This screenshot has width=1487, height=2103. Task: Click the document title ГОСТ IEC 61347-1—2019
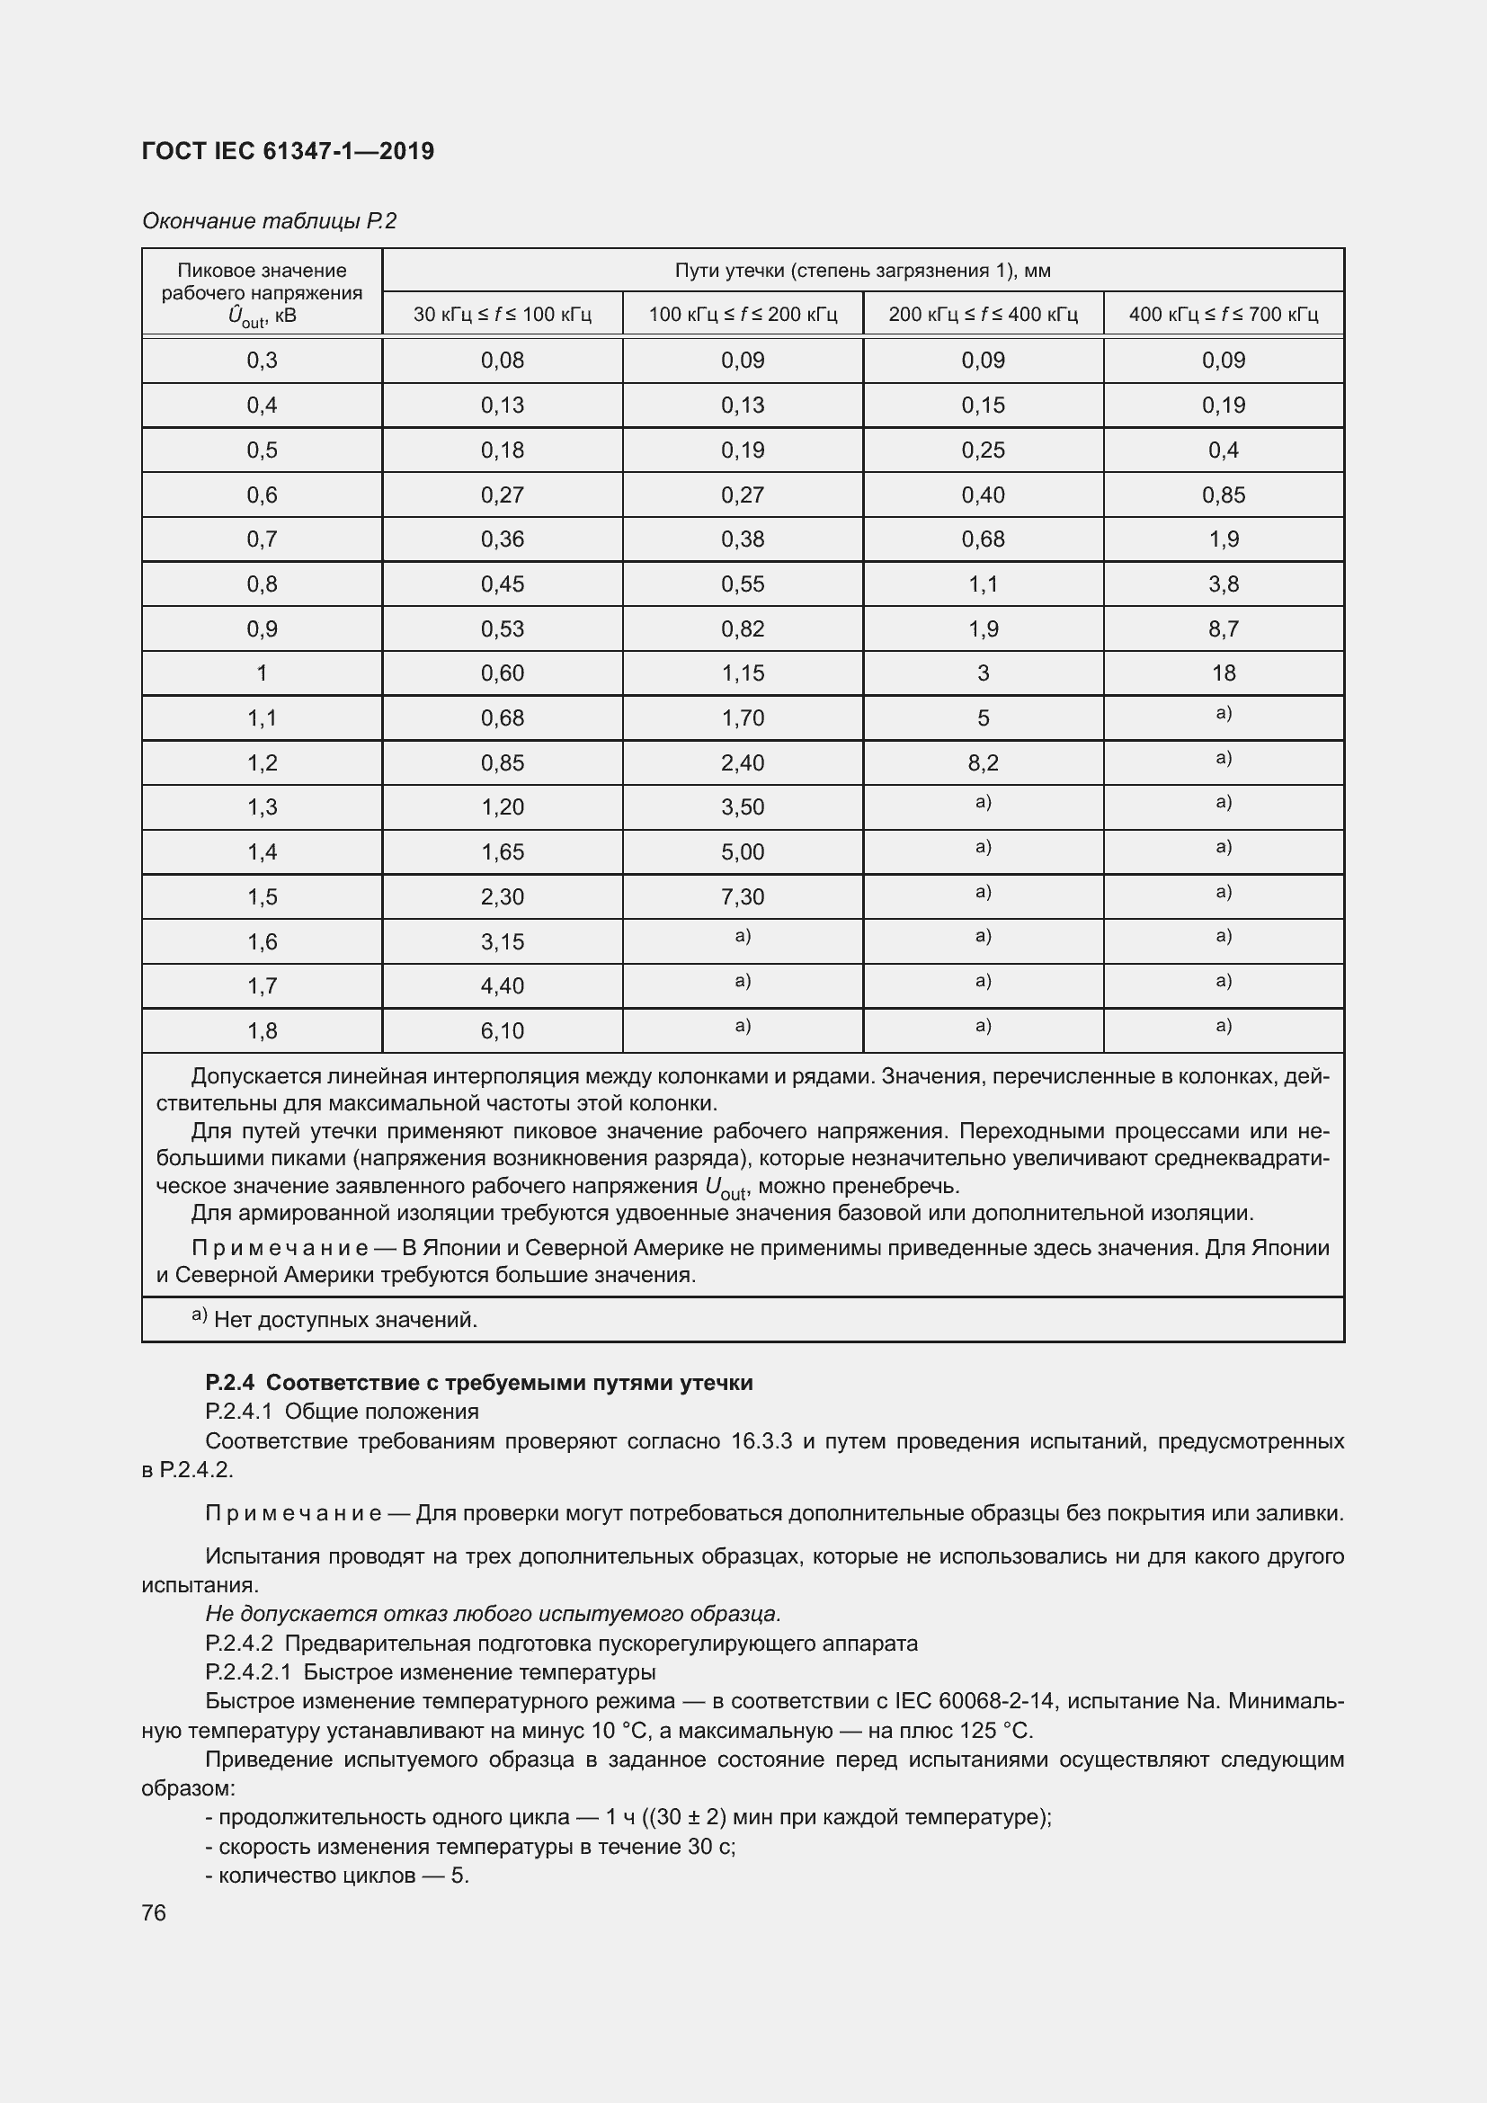tap(288, 151)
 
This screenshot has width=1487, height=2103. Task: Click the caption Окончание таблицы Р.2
tap(268, 221)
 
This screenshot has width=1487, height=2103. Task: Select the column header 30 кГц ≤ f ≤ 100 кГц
tap(502, 314)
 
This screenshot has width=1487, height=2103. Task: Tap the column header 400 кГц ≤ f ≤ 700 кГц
tap(1223, 314)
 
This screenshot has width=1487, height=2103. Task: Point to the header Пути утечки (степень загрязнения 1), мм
tap(861, 271)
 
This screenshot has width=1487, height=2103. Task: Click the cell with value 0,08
tap(502, 360)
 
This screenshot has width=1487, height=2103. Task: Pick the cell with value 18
tap(1223, 673)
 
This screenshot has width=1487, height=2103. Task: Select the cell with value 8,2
tap(983, 763)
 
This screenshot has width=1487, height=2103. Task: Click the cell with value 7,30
tap(742, 896)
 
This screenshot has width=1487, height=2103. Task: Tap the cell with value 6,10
tap(502, 1031)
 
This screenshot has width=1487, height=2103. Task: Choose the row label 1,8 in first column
tap(262, 1031)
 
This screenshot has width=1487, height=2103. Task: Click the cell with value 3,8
tap(1223, 584)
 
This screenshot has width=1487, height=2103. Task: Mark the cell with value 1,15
tap(742, 673)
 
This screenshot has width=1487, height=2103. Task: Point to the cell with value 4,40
tap(502, 986)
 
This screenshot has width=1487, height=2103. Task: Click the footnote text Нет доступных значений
tap(344, 1320)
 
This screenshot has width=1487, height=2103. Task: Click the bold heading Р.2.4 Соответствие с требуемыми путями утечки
tap(479, 1383)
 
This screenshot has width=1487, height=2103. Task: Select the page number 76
tap(154, 1912)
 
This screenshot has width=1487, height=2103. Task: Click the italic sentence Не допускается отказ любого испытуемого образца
tap(493, 1613)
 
